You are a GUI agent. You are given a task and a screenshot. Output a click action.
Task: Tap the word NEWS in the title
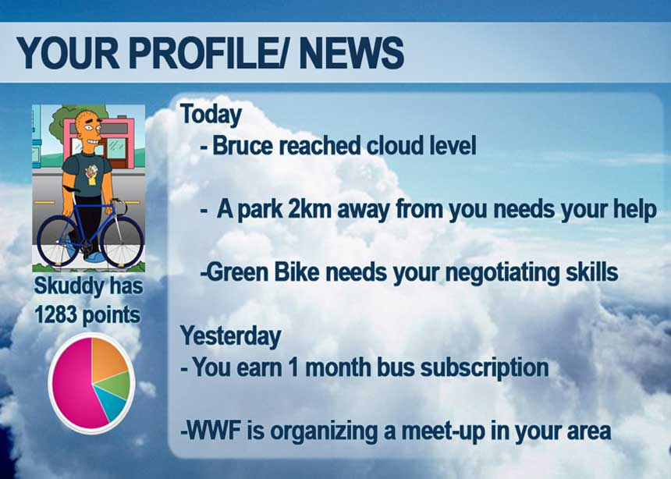point(352,52)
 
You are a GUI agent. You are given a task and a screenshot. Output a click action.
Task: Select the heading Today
point(211,115)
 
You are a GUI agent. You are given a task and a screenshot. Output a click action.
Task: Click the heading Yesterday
point(231,335)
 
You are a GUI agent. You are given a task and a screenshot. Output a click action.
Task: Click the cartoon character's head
point(88,129)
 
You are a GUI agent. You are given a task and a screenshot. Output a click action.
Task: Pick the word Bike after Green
point(296,272)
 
